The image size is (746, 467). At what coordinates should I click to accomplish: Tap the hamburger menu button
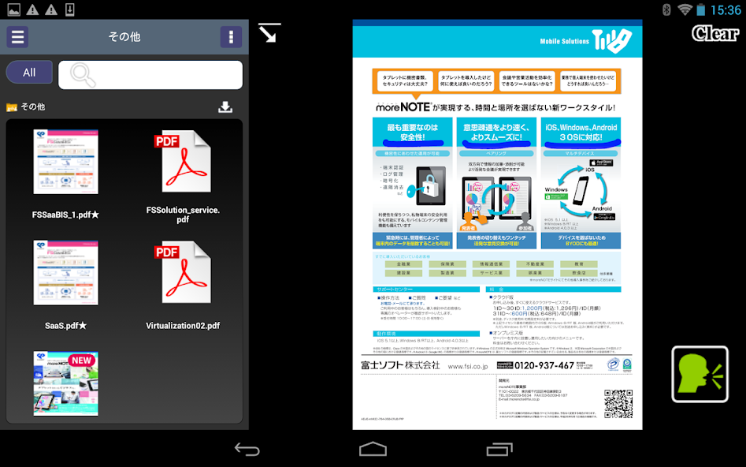17,37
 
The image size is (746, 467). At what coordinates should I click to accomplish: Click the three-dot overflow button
231,37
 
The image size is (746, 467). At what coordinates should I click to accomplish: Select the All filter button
29,73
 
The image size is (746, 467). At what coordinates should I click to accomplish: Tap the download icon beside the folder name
225,107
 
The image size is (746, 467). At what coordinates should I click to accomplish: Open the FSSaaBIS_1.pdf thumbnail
66,162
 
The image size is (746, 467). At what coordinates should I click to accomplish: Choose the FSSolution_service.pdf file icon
183,162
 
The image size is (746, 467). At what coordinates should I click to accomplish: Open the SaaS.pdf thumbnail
66,272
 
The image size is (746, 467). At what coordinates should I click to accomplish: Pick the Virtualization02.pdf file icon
183,272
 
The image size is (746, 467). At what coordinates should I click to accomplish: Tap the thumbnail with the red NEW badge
66,383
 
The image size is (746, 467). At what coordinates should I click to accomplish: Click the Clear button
714,33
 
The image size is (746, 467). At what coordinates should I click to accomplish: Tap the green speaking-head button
700,375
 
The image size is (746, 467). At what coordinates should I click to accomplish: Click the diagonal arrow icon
269,33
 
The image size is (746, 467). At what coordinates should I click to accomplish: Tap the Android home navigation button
373,449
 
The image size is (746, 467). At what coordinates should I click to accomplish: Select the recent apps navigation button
499,449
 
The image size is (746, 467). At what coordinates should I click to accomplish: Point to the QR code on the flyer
618,403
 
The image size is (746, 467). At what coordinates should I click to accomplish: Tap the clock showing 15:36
726,10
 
